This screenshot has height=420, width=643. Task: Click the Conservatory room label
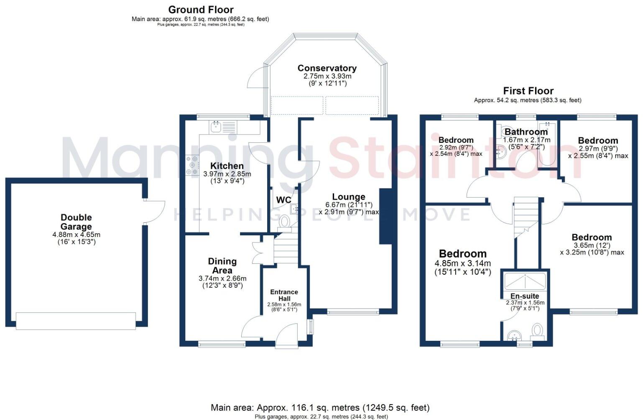coord(327,68)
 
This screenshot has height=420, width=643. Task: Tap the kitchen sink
coord(223,127)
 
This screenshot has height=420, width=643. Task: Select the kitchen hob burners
coord(192,165)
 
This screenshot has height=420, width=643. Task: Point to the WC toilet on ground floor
coord(285,223)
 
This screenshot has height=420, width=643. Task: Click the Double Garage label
coord(76,222)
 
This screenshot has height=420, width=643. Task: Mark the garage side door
coord(154,211)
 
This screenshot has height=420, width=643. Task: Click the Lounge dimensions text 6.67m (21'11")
coord(349,205)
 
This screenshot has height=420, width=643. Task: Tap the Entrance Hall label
coord(284,295)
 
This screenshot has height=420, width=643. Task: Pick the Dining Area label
coord(222,265)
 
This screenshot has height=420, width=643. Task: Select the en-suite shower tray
coord(525,281)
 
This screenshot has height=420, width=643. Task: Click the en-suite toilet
coord(537,332)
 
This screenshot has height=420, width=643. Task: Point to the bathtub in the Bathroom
coord(547,144)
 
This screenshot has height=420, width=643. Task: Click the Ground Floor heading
coord(201,10)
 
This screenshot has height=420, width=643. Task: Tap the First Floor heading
coord(528,91)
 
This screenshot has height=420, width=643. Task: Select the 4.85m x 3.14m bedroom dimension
coord(462,263)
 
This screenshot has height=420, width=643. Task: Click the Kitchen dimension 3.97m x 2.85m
coord(227,174)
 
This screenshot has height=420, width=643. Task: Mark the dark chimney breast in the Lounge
coord(385,216)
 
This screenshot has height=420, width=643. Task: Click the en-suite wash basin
coord(514,335)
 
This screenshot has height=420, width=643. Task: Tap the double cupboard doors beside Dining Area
coord(258,253)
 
